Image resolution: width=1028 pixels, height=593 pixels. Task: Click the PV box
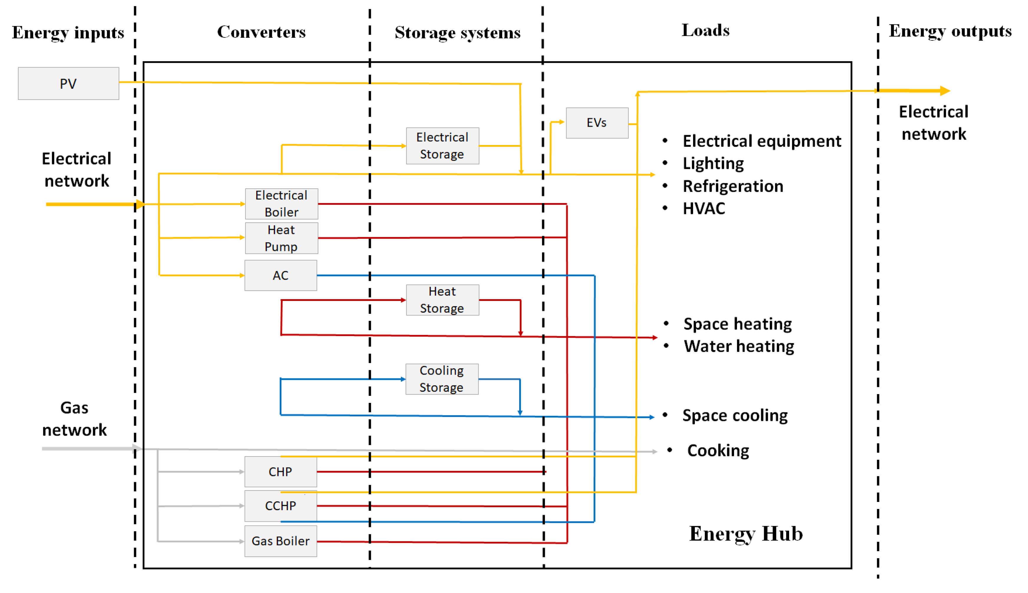point(68,83)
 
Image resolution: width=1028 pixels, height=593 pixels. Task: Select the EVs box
point(596,123)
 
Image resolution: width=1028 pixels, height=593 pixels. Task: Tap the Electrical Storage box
point(442,146)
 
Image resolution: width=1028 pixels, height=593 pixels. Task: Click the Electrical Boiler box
point(281,204)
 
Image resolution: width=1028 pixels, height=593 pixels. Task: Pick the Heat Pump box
point(281,238)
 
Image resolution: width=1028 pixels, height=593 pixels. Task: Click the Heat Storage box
point(442,300)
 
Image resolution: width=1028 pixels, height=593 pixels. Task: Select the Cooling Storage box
point(442,379)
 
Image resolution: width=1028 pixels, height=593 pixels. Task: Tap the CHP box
point(280,472)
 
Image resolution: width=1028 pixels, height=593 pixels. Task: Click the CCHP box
point(280,506)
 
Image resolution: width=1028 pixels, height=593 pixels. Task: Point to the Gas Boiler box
point(280,541)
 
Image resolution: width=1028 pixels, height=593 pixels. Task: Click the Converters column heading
point(261,32)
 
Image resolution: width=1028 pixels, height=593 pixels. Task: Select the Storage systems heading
point(457,33)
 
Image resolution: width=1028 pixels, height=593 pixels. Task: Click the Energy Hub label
point(746,534)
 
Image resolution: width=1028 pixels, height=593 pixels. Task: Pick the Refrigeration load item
point(733,186)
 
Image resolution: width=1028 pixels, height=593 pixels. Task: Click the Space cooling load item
point(735,416)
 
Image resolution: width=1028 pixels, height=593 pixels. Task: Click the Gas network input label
point(75,419)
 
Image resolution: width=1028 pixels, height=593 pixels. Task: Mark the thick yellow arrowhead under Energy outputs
point(944,90)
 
